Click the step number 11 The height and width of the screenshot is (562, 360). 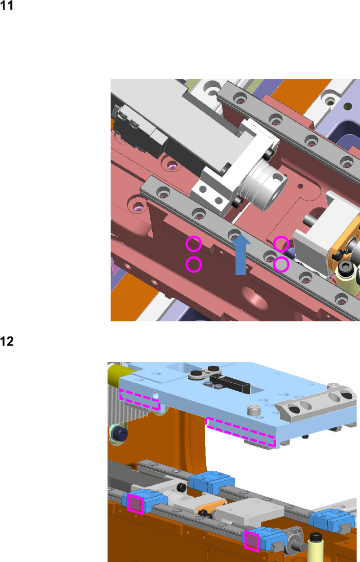pyautogui.click(x=6, y=6)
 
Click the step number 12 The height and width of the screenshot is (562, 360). pyautogui.click(x=6, y=341)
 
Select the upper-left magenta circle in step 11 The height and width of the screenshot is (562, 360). pyautogui.click(x=194, y=244)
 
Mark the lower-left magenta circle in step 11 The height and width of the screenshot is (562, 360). pyautogui.click(x=194, y=264)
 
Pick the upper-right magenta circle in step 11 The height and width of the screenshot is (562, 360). pyautogui.click(x=281, y=244)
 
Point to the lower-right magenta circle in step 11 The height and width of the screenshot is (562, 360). pyautogui.click(x=281, y=264)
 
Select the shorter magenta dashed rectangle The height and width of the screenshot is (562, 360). pyautogui.click(x=139, y=399)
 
